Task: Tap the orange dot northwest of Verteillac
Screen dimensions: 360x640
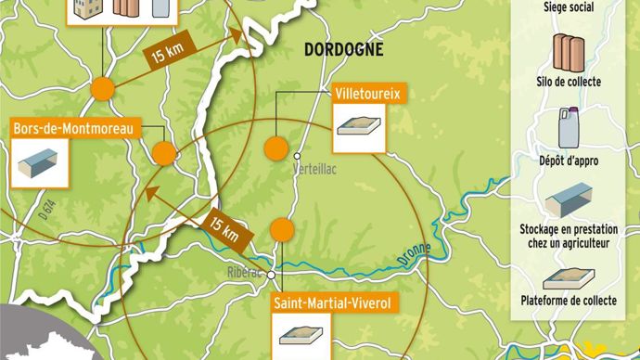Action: (275, 148)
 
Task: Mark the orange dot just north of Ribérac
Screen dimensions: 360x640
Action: (282, 229)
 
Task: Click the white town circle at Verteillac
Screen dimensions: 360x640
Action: (299, 156)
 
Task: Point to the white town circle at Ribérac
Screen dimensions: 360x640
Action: (271, 275)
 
